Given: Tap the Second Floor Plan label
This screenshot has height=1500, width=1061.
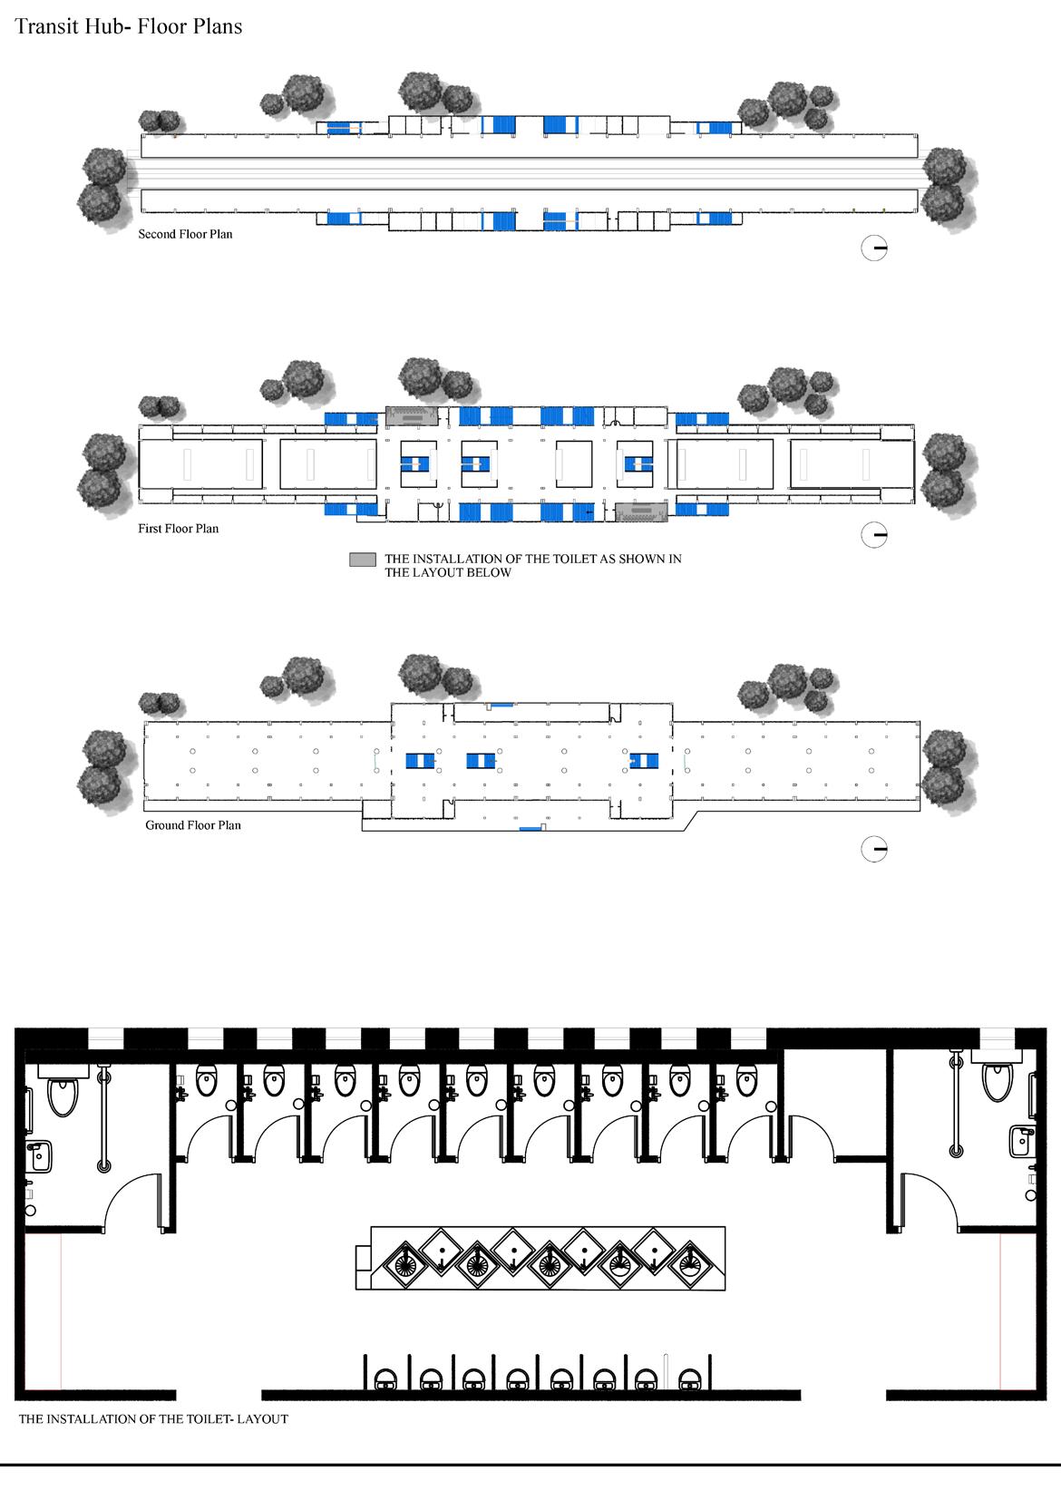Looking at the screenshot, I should click(185, 234).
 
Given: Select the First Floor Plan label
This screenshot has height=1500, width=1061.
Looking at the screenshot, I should click(178, 529).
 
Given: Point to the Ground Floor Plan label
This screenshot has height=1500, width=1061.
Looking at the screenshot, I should click(193, 825).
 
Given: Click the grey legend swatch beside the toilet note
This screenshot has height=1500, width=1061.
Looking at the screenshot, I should click(363, 560).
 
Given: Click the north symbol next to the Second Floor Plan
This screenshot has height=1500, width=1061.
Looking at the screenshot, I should click(873, 248).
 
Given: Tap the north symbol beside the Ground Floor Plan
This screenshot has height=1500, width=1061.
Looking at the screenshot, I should click(873, 850).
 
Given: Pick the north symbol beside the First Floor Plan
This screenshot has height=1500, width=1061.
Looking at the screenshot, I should click(873, 535).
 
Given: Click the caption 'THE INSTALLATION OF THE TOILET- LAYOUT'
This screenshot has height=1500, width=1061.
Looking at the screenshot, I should click(153, 1418).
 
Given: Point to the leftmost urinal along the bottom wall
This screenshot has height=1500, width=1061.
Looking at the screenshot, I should click(386, 1379).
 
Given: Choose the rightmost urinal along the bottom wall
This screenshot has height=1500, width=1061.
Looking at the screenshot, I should click(690, 1379).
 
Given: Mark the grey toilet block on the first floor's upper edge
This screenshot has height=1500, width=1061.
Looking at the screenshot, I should click(413, 415).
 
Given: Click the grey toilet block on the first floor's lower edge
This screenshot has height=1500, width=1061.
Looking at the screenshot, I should click(641, 512).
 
